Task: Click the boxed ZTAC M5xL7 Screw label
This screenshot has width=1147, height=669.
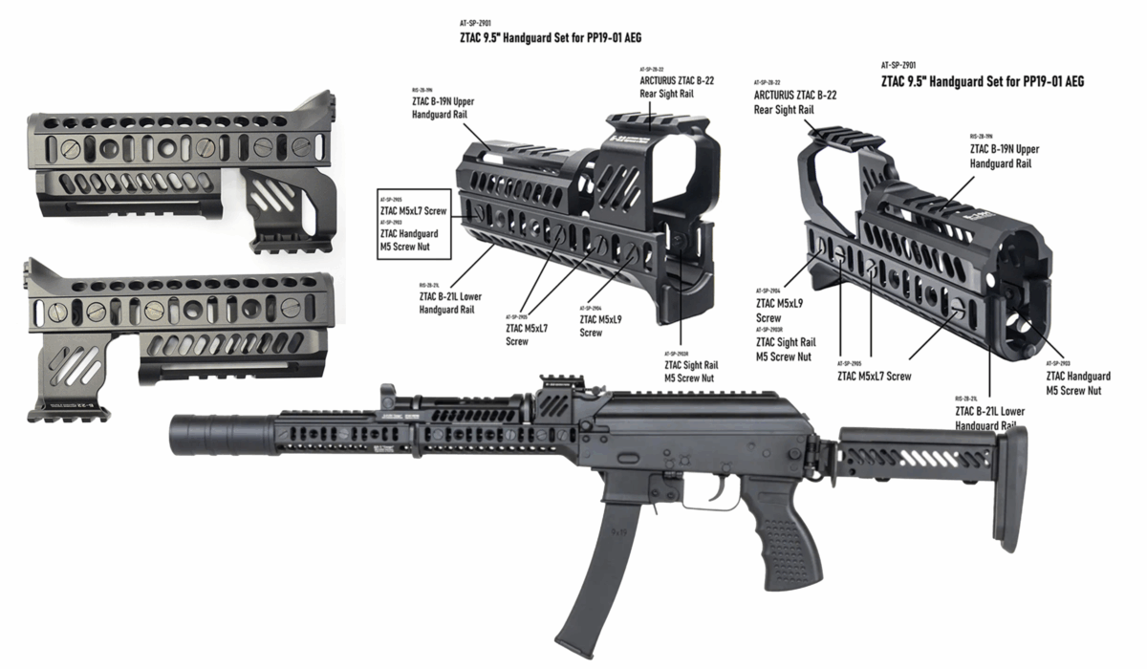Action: tap(416, 209)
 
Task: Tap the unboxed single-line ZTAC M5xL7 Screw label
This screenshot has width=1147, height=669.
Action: tap(874, 376)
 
